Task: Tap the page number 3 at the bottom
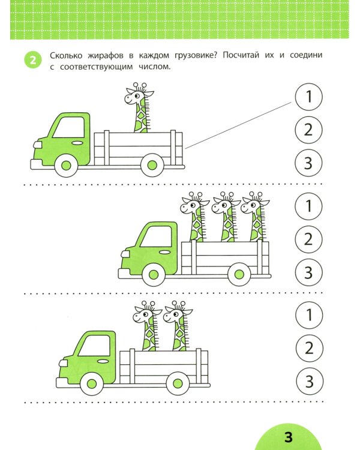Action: click(x=287, y=436)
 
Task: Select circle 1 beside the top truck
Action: click(x=309, y=97)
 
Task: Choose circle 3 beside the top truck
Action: click(x=309, y=163)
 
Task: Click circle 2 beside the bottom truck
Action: click(x=309, y=348)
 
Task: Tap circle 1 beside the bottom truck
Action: click(x=309, y=315)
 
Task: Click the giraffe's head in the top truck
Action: click(x=138, y=95)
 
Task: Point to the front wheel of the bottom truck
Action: click(x=92, y=382)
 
